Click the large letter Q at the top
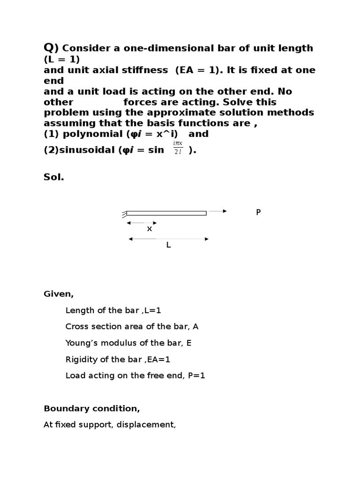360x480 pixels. [x=50, y=47]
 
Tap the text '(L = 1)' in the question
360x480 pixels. [x=62, y=59]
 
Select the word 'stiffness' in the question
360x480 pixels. [x=145, y=70]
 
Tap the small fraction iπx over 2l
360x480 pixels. [x=178, y=147]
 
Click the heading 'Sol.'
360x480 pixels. [x=53, y=178]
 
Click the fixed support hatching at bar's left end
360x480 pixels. [x=124, y=214]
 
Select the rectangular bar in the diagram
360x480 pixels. [x=166, y=213]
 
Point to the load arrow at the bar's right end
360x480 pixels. [x=217, y=211]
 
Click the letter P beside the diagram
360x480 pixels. [x=258, y=212]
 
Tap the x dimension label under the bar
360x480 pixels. [x=150, y=229]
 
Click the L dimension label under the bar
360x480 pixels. [x=168, y=245]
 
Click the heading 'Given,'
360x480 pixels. [x=59, y=294]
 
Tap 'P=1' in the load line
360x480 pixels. [x=196, y=375]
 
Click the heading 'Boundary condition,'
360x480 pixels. [x=92, y=408]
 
